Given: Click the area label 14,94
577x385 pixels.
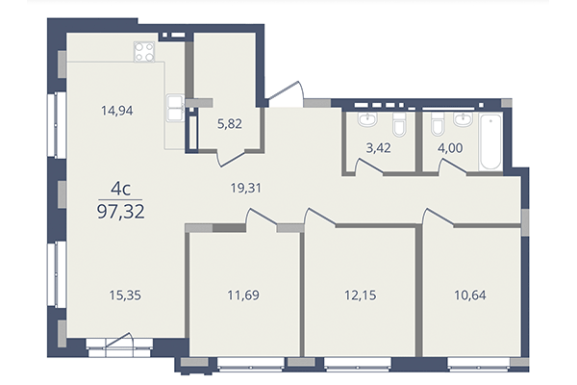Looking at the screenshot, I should pyautogui.click(x=117, y=110).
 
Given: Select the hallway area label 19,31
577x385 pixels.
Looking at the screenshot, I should pyautogui.click(x=246, y=190).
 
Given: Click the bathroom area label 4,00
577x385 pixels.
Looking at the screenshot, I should pyautogui.click(x=449, y=149).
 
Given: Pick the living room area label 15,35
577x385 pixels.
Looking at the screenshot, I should pyautogui.click(x=117, y=298).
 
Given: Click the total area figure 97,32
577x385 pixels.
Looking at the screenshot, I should pyautogui.click(x=116, y=211).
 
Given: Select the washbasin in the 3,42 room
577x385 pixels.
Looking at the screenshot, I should pyautogui.click(x=366, y=120).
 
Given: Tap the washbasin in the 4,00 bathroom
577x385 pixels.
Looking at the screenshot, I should pyautogui.click(x=464, y=120).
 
